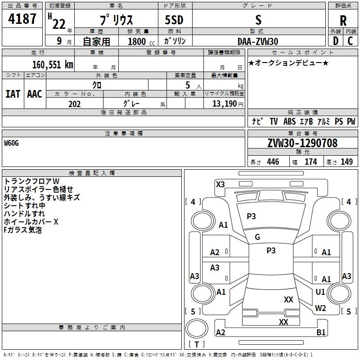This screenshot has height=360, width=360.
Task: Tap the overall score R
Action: pos(343,21)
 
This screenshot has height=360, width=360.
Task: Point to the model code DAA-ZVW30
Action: pos(258,41)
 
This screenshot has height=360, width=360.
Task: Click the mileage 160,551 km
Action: pos(53,65)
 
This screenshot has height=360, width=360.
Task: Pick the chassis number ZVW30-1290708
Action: pos(302,143)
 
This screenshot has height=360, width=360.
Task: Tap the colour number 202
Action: pos(74,104)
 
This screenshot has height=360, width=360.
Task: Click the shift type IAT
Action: pos(13,94)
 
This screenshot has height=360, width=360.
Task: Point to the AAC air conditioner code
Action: pos(35,94)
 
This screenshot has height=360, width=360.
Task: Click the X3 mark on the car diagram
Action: pos(220,184)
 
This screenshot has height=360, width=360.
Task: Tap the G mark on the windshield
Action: pos(257,237)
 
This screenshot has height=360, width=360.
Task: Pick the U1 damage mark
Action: pos(320,292)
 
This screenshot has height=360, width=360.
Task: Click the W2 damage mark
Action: pos(320,308)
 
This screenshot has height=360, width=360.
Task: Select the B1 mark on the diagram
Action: pos(321,333)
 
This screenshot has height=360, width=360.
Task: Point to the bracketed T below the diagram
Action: pos(196,344)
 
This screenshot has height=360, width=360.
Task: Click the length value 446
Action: pos(273,162)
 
